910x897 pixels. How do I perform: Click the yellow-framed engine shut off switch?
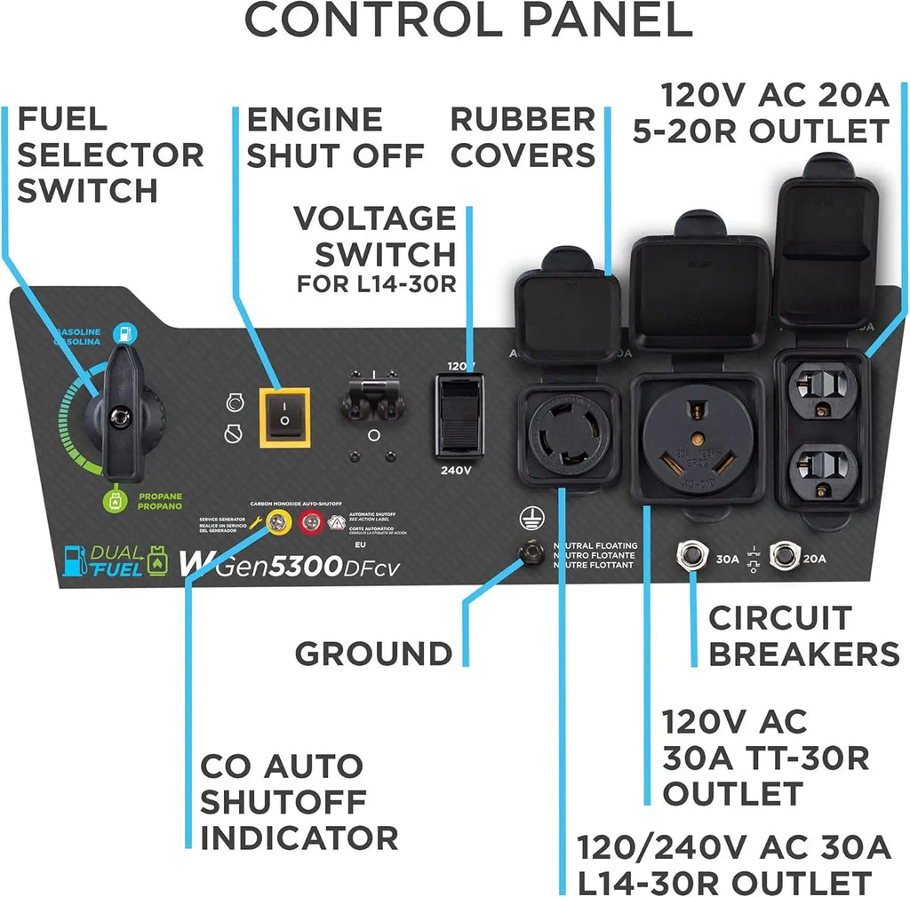coord(284,417)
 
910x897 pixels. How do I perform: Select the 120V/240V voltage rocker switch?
coord(459,415)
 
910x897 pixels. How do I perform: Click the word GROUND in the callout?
coord(373,654)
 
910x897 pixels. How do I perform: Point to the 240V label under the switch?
coord(455,471)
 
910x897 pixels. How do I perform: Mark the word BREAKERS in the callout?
coord(803,655)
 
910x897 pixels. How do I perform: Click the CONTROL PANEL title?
coord(468,20)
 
